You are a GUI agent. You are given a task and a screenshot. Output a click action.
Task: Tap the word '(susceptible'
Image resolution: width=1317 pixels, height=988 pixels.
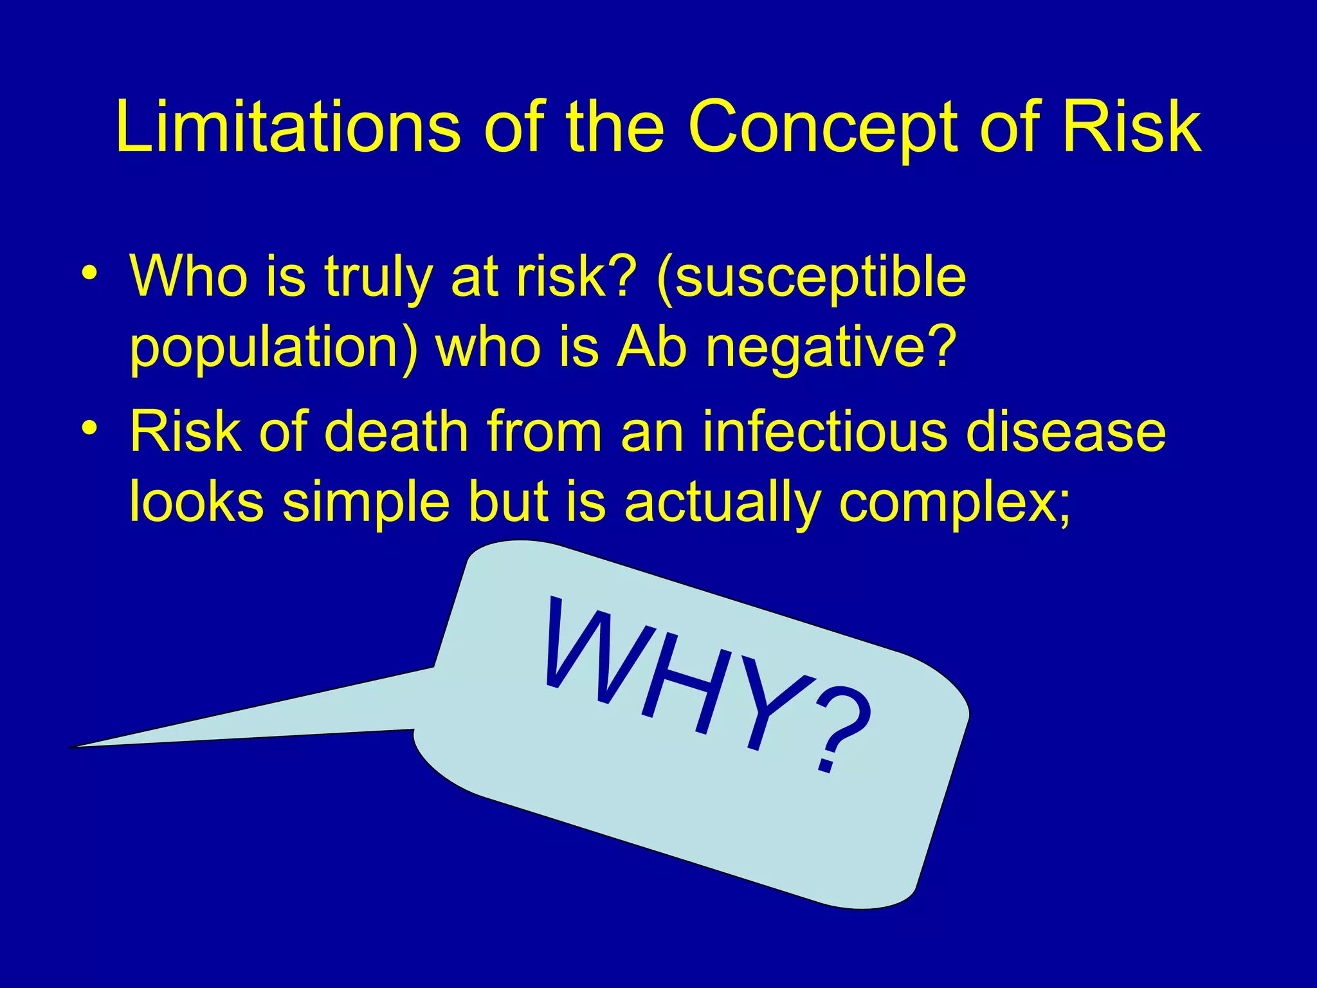[x=810, y=278]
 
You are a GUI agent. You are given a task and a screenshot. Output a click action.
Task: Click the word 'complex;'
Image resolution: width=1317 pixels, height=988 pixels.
[x=956, y=502]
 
